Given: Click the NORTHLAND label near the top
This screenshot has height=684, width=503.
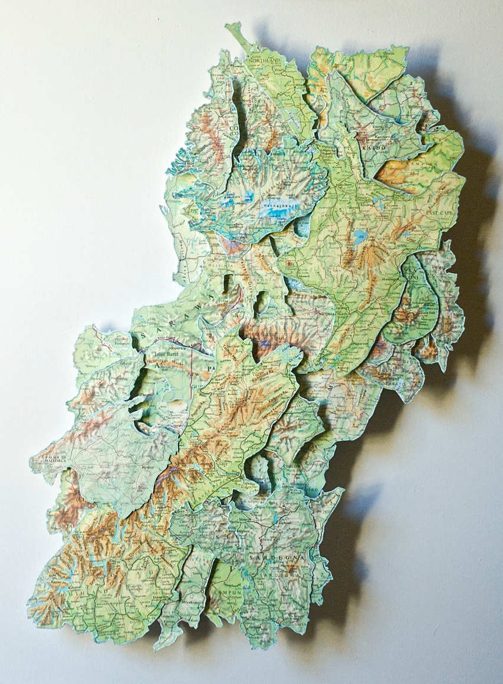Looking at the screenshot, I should coord(264,60).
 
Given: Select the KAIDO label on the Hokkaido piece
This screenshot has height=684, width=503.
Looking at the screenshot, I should coord(373,146).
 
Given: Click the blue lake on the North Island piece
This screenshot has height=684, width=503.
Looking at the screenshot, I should coord(359,238).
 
